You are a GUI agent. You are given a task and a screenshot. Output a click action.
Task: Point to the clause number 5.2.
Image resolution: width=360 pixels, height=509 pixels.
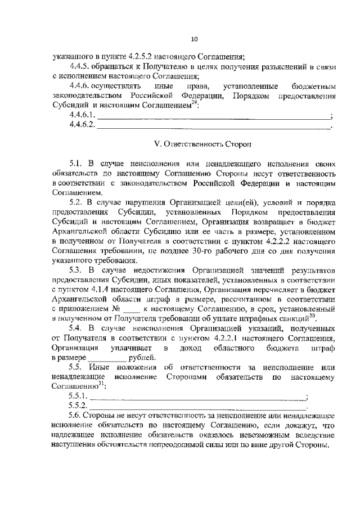(76, 201)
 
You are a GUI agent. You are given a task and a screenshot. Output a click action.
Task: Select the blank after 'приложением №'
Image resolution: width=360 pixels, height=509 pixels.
(130, 310)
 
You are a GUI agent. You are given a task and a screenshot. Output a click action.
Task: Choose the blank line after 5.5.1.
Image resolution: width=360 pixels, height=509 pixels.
(197, 397)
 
